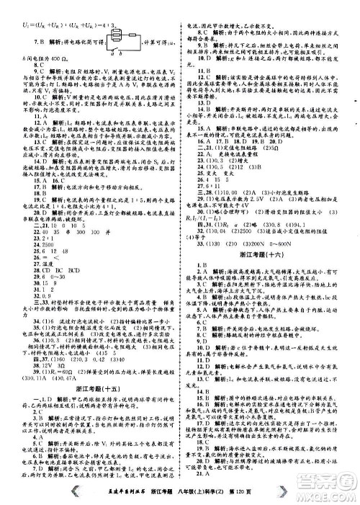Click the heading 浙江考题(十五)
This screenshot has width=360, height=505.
click(x=95, y=365)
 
